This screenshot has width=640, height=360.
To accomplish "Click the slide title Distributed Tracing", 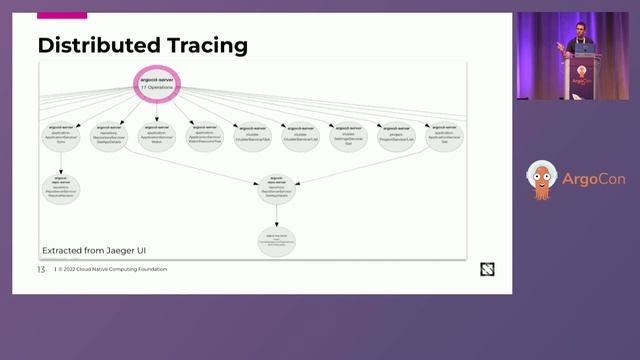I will tap(142, 46).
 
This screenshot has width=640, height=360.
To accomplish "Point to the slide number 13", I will tap(41, 269).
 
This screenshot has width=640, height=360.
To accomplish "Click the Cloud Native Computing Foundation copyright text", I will tap(112, 269).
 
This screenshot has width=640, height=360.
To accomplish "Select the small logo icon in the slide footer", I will tap(487, 269).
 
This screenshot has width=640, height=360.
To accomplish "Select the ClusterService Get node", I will tap(252, 137).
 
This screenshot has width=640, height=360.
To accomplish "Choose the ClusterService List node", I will tap(299, 137).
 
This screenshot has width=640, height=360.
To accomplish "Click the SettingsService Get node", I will tap(348, 137).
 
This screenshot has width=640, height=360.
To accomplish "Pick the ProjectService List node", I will tap(395, 137).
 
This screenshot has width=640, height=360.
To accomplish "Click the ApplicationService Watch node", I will tap(156, 137).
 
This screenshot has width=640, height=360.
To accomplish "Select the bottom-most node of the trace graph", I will tap(277, 240).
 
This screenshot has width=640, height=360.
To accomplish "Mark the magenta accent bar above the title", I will tap(62, 16).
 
